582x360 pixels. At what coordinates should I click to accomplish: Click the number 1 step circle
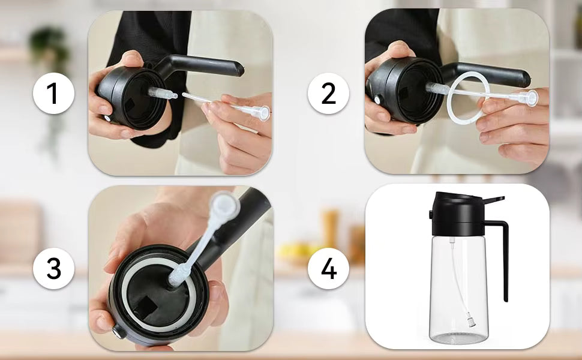pyautogui.click(x=53, y=94)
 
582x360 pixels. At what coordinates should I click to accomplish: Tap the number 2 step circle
pyautogui.click(x=329, y=94)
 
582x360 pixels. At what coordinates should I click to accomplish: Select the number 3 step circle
pyautogui.click(x=53, y=269)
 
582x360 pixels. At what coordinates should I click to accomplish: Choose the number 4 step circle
pyautogui.click(x=329, y=269)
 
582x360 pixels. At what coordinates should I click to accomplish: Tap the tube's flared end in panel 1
pyautogui.click(x=259, y=112)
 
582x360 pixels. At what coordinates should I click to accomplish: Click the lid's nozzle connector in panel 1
pyautogui.click(x=161, y=93)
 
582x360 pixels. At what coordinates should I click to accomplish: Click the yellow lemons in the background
pyautogui.click(x=297, y=249)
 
